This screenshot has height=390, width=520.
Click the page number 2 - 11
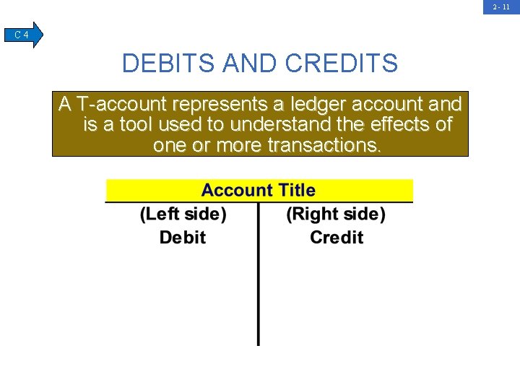(501, 6)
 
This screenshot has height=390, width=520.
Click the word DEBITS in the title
(168, 64)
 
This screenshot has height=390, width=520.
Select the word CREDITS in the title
(341, 64)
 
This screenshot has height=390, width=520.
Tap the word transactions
(324, 145)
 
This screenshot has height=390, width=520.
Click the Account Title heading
(259, 191)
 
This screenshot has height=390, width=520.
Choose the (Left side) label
(183, 214)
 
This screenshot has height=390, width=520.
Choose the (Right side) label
(336, 214)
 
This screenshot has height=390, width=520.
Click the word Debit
(183, 237)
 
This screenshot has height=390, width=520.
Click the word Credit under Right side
(337, 237)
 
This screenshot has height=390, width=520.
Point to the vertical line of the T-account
(259, 289)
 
